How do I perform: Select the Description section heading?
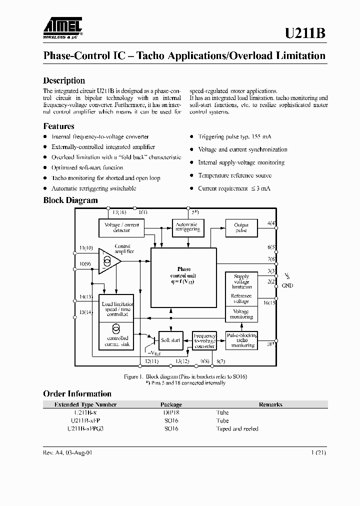[64, 80]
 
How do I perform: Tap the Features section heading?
[58, 126]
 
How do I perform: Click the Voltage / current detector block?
[121, 228]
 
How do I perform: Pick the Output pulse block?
[241, 228]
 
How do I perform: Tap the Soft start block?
[170, 340]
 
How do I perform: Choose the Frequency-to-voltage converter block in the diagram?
[204, 340]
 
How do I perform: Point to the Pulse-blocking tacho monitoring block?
[242, 340]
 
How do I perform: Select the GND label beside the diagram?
[287, 285]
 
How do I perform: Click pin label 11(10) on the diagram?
[86, 248]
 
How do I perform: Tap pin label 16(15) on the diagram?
[269, 302]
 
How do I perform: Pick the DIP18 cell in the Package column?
[171, 412]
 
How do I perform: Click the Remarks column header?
[270, 404]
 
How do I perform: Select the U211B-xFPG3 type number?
[85, 428]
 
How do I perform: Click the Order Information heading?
[77, 393]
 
